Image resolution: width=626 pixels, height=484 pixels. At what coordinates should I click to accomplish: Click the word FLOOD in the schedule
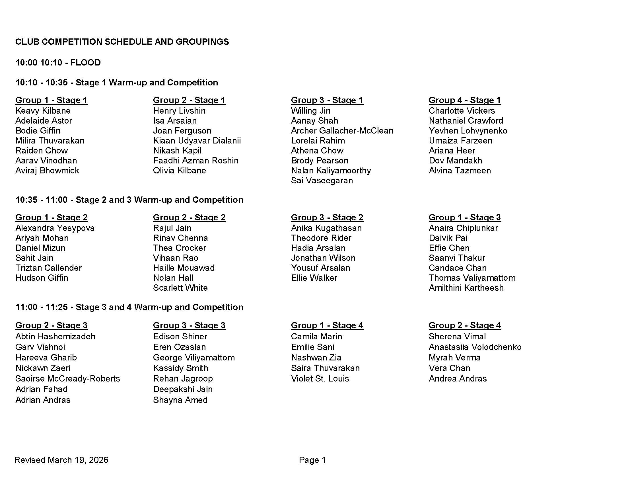pos(85,63)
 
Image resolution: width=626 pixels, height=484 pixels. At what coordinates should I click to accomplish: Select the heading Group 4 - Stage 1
pos(465,100)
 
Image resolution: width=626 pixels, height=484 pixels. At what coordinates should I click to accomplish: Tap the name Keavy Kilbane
pos(43,111)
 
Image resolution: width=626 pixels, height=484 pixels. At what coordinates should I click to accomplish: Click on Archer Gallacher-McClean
pos(342,131)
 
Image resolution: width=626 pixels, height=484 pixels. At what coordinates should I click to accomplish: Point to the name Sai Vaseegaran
pos(322,181)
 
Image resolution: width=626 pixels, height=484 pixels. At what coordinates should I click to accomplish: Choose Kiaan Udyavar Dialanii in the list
pos(197,141)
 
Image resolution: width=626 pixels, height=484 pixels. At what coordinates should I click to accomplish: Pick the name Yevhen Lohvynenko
pos(468,131)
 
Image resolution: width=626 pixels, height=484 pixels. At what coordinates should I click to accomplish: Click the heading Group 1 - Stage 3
pos(465,217)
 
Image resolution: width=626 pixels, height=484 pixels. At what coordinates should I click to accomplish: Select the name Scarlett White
pos(180,288)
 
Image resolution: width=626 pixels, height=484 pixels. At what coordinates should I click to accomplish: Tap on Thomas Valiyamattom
pos(472,278)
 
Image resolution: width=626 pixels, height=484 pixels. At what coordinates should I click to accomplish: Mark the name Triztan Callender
pos(48,268)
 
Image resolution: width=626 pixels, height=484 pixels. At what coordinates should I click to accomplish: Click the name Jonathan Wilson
pos(323,258)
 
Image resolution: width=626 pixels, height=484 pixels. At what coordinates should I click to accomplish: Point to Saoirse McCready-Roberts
pos(68,379)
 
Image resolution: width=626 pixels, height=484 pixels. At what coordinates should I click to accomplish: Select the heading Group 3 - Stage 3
pos(189,325)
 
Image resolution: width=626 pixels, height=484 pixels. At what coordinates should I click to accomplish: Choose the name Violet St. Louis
pos(320,379)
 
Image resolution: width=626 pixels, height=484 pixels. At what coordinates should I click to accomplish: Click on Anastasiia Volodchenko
pos(475,347)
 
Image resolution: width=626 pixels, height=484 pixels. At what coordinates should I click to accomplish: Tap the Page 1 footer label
pos(312,460)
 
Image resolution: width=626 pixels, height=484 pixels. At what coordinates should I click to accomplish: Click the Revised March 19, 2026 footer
pos(62,460)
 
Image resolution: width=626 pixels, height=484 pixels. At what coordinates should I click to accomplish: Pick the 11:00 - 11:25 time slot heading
pos(129,307)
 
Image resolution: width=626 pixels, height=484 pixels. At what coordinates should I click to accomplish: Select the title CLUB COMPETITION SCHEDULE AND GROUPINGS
pos(122,42)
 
